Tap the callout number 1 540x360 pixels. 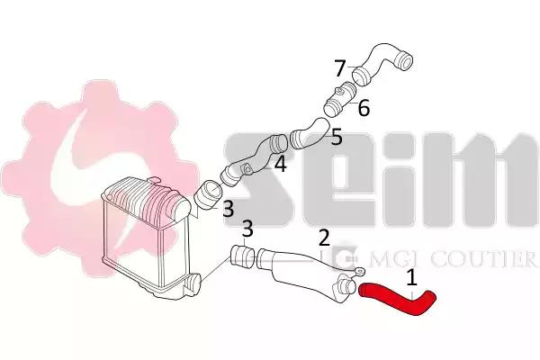(x=411, y=278)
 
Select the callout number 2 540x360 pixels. (x=324, y=238)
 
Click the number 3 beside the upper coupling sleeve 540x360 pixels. (x=229, y=209)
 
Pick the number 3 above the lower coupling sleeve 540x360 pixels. (x=247, y=229)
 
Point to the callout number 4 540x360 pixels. (x=280, y=164)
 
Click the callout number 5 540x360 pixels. (x=337, y=137)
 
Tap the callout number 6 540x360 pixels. (x=364, y=108)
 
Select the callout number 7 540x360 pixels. (x=340, y=68)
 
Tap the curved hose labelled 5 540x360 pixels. (x=310, y=133)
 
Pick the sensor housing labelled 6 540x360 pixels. (x=340, y=99)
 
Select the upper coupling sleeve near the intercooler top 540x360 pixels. (x=208, y=195)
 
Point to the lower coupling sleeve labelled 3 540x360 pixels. (x=242, y=257)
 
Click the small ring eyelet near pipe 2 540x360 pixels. (x=360, y=272)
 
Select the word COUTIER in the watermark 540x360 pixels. (x=482, y=259)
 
